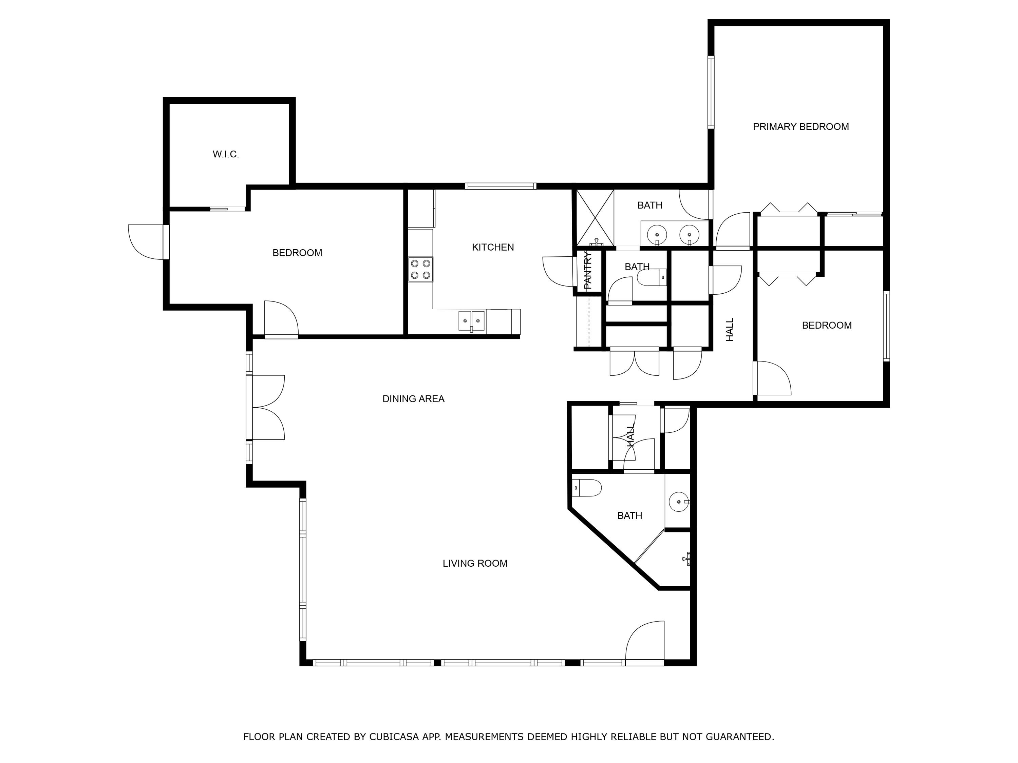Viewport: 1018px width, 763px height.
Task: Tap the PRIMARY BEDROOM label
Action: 801,127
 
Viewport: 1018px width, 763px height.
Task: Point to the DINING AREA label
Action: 413,399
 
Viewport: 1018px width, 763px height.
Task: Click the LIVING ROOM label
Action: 475,563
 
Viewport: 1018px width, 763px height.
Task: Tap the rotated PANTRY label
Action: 588,270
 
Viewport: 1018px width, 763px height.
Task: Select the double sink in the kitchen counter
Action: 472,320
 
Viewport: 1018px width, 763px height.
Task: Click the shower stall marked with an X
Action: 595,218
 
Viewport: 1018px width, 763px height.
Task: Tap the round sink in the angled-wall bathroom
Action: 679,502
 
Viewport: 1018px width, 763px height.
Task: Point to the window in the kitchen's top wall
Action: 500,186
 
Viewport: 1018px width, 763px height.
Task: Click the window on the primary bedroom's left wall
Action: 711,92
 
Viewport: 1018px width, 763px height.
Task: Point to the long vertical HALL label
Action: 730,329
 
